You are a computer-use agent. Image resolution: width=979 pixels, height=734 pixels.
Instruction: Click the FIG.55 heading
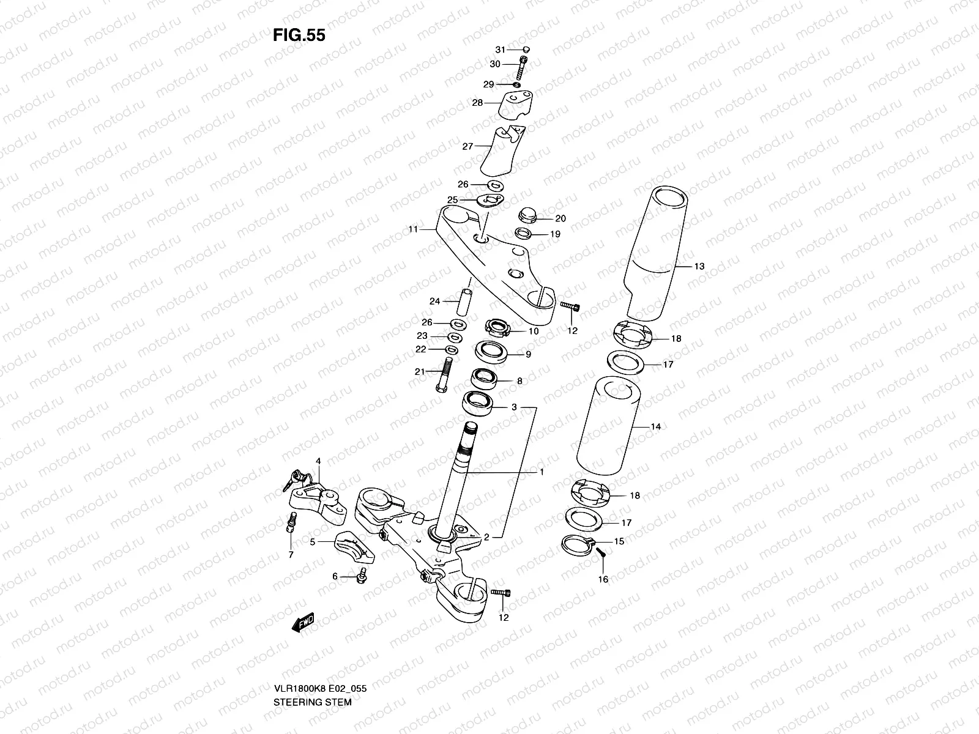[x=299, y=35]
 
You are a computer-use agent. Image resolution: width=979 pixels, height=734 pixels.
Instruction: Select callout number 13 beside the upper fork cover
[x=699, y=266]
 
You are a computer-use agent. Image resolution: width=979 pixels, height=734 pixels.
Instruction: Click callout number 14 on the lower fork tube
[x=655, y=426]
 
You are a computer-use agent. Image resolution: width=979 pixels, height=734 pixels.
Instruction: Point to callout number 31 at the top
[x=500, y=50]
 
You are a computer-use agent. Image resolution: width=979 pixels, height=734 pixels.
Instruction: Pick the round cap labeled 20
[x=526, y=215]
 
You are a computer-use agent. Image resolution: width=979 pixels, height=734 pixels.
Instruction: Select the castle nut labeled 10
[x=497, y=328]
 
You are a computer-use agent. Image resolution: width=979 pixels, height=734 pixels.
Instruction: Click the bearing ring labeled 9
[x=491, y=352]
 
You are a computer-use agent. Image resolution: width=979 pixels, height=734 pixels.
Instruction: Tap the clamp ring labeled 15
[x=577, y=543]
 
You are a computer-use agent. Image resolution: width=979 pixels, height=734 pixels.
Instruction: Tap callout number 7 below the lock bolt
[x=291, y=555]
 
